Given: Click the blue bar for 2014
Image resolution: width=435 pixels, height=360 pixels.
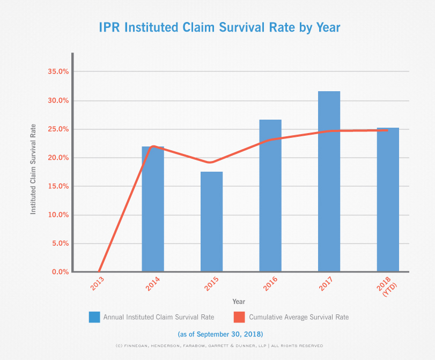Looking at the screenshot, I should tap(153, 215).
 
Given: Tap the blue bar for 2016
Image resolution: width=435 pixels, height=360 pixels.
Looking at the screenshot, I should tap(270, 199).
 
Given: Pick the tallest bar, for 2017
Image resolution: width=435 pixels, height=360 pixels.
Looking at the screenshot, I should tap(329, 182).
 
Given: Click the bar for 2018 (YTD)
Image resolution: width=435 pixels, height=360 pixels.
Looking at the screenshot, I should tap(388, 201).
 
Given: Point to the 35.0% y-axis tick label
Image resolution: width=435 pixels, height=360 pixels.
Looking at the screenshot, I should tap(56, 71).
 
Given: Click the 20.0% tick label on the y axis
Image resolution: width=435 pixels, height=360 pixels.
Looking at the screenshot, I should tap(56, 158).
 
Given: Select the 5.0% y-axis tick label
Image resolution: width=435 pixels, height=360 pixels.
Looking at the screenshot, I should tap(57, 244).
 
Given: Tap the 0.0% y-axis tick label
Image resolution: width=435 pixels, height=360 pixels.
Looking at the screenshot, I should tap(57, 272).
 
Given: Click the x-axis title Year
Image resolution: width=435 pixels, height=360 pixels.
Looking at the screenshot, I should tap(239, 302).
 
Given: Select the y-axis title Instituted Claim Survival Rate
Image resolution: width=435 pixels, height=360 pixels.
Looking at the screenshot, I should tap(33, 171).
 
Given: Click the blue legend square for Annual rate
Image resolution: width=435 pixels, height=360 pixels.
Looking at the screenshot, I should tap(94, 317).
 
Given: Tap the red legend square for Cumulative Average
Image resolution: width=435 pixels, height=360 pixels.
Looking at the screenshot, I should tap(239, 317).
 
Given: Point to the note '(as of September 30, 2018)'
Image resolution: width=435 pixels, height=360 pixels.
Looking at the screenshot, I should tap(217, 333).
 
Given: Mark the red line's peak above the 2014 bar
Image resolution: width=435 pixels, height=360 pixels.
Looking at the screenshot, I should tap(153, 146).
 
